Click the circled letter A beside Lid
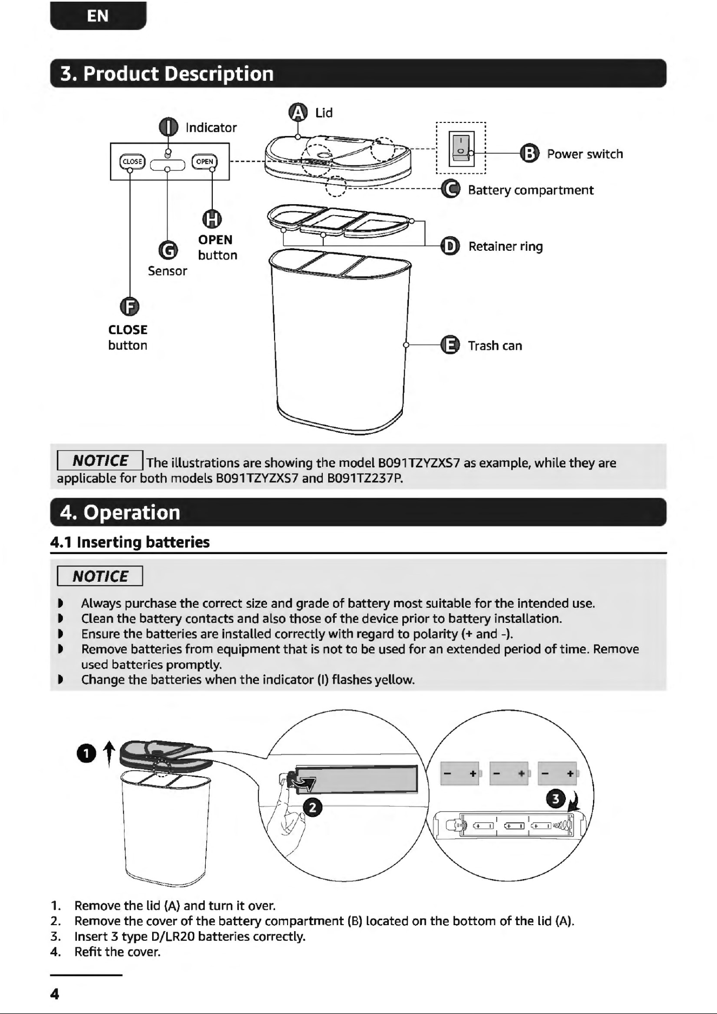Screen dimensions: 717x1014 (298, 112)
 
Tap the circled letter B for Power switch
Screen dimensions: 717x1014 (529, 154)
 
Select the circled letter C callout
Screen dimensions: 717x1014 (450, 189)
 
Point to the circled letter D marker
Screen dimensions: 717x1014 (450, 246)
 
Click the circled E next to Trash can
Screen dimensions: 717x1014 (450, 345)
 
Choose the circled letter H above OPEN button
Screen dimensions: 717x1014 (212, 219)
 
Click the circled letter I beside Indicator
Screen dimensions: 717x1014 (168, 128)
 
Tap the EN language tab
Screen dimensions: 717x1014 (98, 16)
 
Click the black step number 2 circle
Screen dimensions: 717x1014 (312, 808)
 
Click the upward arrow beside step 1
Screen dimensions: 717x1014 (109, 753)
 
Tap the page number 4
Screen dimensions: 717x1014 (54, 994)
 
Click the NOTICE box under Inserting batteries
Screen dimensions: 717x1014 (100, 576)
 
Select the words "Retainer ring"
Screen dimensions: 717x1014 (505, 246)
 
